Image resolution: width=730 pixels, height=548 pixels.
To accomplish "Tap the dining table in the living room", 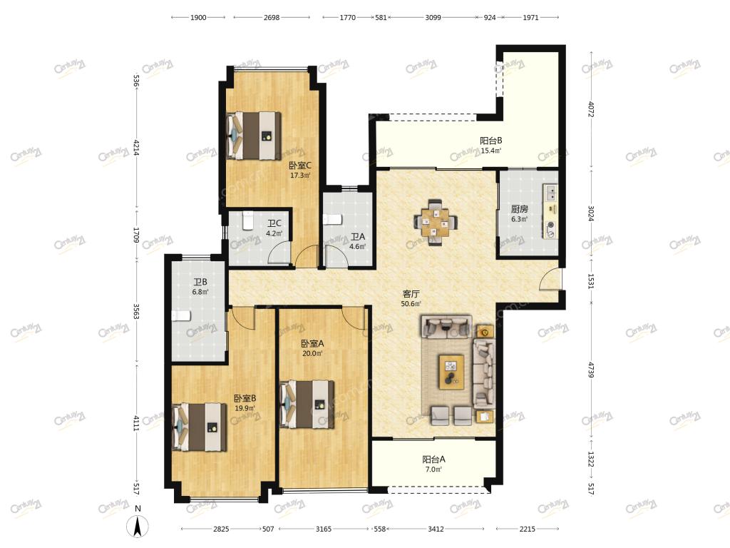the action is tap(436, 222).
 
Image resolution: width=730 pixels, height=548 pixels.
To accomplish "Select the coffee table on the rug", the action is tap(451, 372).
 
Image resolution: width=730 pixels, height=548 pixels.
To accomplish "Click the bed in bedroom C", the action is tap(254, 135).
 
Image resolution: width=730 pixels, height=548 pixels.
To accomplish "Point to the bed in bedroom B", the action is tap(200, 427).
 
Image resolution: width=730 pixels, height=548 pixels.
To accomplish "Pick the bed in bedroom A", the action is tap(307, 404).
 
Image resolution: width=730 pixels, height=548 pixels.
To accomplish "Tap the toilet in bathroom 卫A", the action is tap(333, 219).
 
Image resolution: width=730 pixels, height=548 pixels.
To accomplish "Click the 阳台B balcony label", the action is tap(490, 141).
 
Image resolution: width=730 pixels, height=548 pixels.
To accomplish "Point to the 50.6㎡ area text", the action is tap(411, 304).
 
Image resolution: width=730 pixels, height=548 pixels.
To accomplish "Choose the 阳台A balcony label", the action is tap(433, 459).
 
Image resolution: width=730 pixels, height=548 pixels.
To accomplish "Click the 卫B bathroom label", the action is tap(200, 282).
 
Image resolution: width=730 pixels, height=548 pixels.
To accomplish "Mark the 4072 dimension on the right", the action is tap(590, 109).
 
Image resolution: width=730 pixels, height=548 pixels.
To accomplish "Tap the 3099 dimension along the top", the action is tap(433, 17).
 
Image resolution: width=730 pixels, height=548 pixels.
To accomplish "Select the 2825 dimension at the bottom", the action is tap(221, 529).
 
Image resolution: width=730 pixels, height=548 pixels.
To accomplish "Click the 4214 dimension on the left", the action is tap(136, 147).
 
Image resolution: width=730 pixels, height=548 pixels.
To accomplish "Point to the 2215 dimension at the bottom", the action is tap(527, 529).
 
